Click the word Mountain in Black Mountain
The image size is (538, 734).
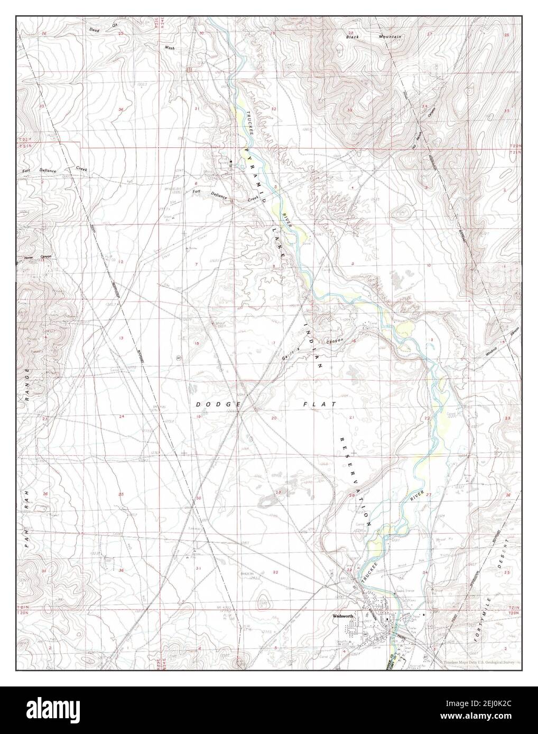tap(389, 36)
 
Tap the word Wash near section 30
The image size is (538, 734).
tap(169, 48)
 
